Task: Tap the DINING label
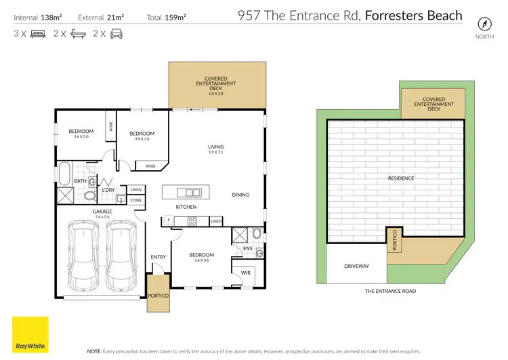click(x=240, y=195)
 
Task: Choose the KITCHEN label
click(x=186, y=206)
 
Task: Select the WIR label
click(x=245, y=273)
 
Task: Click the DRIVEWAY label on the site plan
click(x=356, y=266)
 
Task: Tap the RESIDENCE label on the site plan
click(x=401, y=178)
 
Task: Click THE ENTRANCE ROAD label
click(x=390, y=291)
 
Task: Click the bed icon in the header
click(x=39, y=33)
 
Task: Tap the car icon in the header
click(x=117, y=33)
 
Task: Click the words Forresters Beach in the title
click(x=413, y=15)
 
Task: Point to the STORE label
click(x=135, y=200)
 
